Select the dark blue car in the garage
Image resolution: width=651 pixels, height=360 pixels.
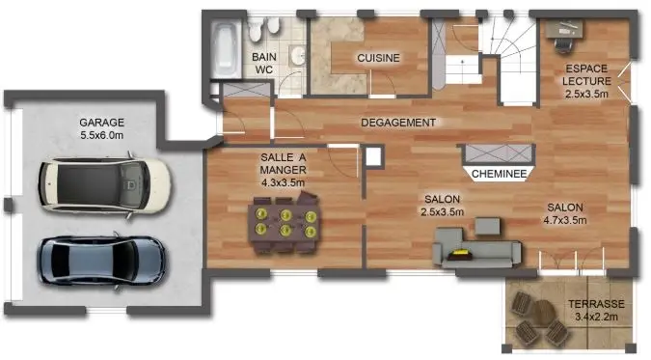pos(102,258)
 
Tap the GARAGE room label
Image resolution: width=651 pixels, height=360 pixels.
pos(103,123)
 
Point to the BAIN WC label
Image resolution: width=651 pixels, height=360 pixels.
pos(264,64)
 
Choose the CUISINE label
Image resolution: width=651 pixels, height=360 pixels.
pos(378,58)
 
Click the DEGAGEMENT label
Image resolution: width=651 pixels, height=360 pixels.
pos(398,123)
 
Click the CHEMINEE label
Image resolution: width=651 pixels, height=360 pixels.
pos(499,175)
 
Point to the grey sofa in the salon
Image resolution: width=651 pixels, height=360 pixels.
pos(476,248)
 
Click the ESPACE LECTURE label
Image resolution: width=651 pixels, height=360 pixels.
pos(586,74)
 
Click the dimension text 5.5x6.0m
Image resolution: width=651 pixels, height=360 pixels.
pos(103,137)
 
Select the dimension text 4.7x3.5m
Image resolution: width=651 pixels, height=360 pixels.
pos(565,220)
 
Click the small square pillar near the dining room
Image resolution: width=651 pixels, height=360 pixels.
pos(373,156)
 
